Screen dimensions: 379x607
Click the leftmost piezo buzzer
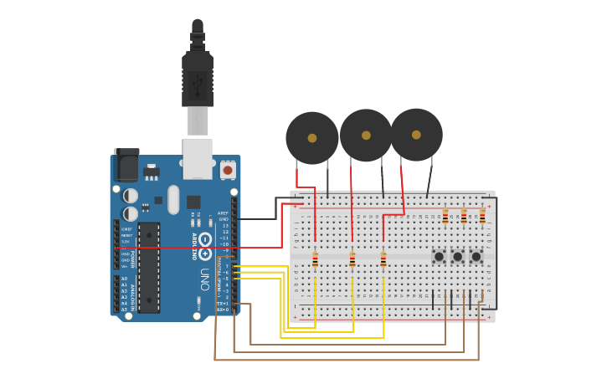point(312,138)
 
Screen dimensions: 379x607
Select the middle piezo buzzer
point(366,135)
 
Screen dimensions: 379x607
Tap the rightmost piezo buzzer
point(416,134)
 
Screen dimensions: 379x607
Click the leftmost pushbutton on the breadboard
point(439,256)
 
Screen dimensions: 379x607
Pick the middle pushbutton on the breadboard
point(457,256)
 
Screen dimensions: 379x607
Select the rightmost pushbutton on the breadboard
point(476,256)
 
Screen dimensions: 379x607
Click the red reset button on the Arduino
point(227,170)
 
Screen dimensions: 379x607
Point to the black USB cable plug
point(198,79)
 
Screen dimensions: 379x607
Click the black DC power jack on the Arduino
point(126,165)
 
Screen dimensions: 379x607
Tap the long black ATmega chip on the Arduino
point(149,267)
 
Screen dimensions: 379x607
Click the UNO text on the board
point(204,279)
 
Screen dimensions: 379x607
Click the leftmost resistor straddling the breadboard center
point(315,260)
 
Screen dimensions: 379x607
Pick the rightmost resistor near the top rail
point(482,217)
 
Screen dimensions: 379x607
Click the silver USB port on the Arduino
point(198,159)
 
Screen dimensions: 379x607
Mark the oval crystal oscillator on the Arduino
point(173,199)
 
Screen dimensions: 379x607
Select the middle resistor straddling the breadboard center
point(352,260)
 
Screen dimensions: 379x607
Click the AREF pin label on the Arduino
point(223,213)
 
